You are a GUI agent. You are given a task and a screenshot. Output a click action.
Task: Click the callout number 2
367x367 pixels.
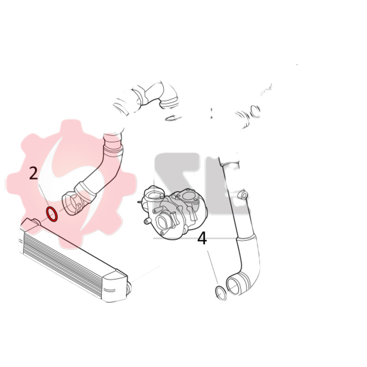34,173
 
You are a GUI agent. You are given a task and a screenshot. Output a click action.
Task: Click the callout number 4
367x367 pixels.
202,239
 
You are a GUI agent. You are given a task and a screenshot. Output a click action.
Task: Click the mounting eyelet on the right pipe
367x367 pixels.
243,195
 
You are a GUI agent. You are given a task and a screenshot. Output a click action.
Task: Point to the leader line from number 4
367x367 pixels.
213,267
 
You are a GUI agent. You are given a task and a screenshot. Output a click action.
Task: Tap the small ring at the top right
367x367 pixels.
256,111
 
